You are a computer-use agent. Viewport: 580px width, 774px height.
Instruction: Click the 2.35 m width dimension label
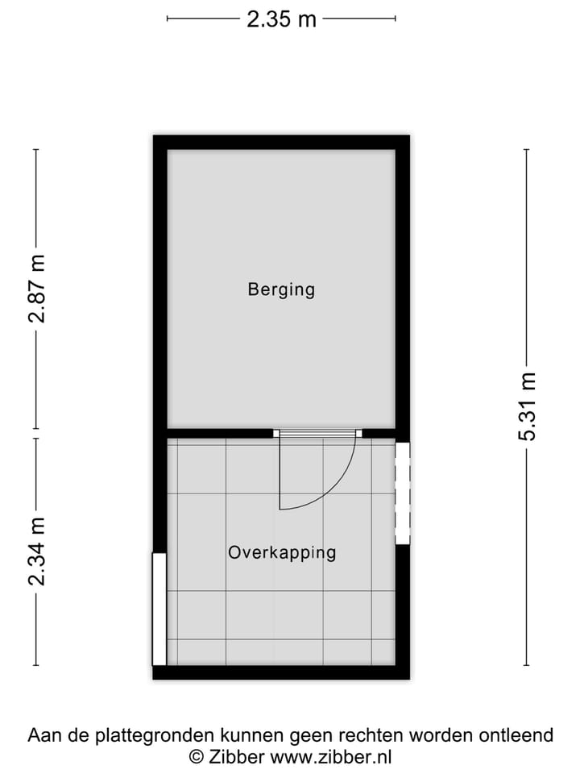[x=281, y=19]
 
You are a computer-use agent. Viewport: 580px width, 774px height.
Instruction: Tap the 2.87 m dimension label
[x=36, y=289]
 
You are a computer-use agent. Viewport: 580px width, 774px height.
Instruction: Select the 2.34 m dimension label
[x=36, y=552]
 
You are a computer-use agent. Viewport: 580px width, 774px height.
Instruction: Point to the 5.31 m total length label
[x=527, y=406]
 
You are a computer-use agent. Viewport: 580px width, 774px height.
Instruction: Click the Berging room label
[x=281, y=289]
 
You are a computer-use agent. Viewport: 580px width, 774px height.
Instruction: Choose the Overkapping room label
[x=281, y=553]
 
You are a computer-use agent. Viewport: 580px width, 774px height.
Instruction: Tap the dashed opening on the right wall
[x=402, y=493]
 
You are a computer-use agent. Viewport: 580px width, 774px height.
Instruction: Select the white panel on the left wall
[x=159, y=609]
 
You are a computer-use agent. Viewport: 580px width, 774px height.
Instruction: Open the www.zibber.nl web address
[x=331, y=757]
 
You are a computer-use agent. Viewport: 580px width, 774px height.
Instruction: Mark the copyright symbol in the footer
[x=196, y=757]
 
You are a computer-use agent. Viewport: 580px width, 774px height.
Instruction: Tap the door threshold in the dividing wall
[x=317, y=434]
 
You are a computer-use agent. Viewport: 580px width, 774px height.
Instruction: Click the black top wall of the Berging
[x=281, y=142]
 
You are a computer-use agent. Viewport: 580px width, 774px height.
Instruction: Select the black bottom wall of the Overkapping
[x=281, y=672]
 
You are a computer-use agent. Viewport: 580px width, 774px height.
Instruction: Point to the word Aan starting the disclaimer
[x=43, y=735]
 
